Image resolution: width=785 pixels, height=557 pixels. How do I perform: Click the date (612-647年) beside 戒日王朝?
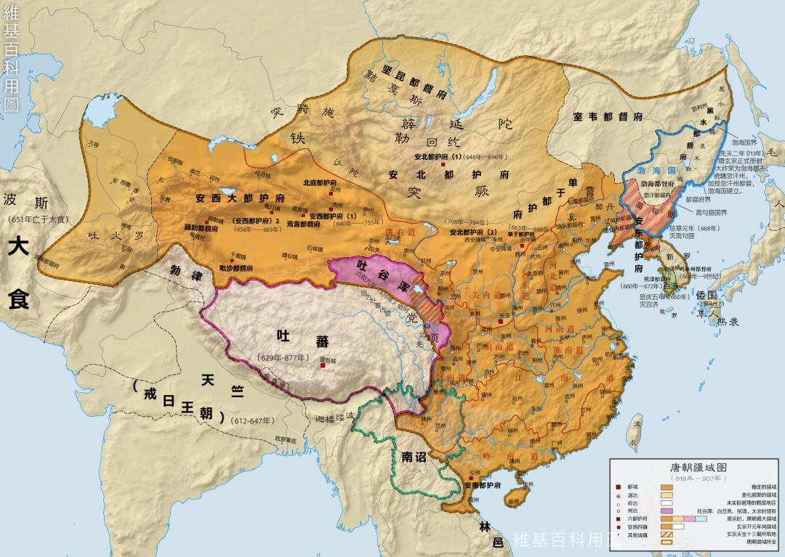coord(251,420)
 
